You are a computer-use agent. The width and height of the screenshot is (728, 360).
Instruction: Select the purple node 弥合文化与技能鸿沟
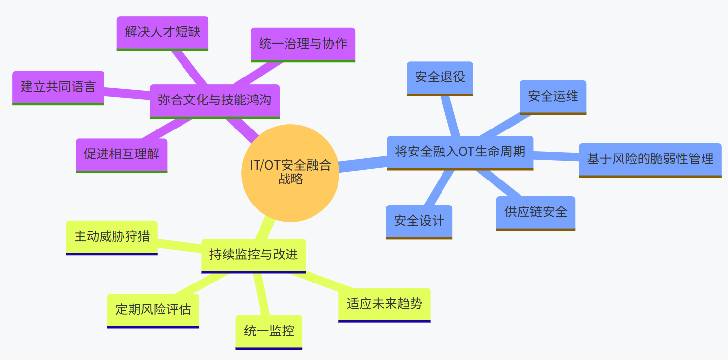(214, 101)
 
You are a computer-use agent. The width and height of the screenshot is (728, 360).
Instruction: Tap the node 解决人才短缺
(162, 32)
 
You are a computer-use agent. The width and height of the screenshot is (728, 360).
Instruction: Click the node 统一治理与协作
(303, 44)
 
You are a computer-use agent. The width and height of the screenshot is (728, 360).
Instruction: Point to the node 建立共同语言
(58, 87)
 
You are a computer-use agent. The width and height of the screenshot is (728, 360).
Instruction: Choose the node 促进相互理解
(121, 154)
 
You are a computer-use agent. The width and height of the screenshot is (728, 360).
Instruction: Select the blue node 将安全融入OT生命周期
(460, 152)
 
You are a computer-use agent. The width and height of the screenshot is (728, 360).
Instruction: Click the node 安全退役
(440, 77)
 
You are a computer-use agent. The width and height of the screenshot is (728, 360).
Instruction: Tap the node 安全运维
(553, 97)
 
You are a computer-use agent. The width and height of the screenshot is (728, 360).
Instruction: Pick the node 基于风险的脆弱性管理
(650, 159)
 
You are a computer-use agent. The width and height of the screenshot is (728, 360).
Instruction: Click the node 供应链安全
(536, 212)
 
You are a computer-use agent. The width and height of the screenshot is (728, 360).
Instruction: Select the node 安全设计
(419, 221)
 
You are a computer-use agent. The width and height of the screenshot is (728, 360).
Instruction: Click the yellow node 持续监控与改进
(254, 255)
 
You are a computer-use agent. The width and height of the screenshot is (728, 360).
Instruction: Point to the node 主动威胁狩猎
(112, 237)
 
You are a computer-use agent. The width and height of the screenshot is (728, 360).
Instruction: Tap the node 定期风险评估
(153, 310)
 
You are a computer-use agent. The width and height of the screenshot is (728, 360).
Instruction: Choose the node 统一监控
(269, 332)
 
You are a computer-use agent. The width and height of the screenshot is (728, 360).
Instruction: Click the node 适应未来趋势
(384, 304)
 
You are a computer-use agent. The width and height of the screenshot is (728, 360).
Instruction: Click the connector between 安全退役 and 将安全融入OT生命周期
(450, 116)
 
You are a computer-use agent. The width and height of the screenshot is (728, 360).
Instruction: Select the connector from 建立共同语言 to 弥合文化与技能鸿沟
(127, 93)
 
